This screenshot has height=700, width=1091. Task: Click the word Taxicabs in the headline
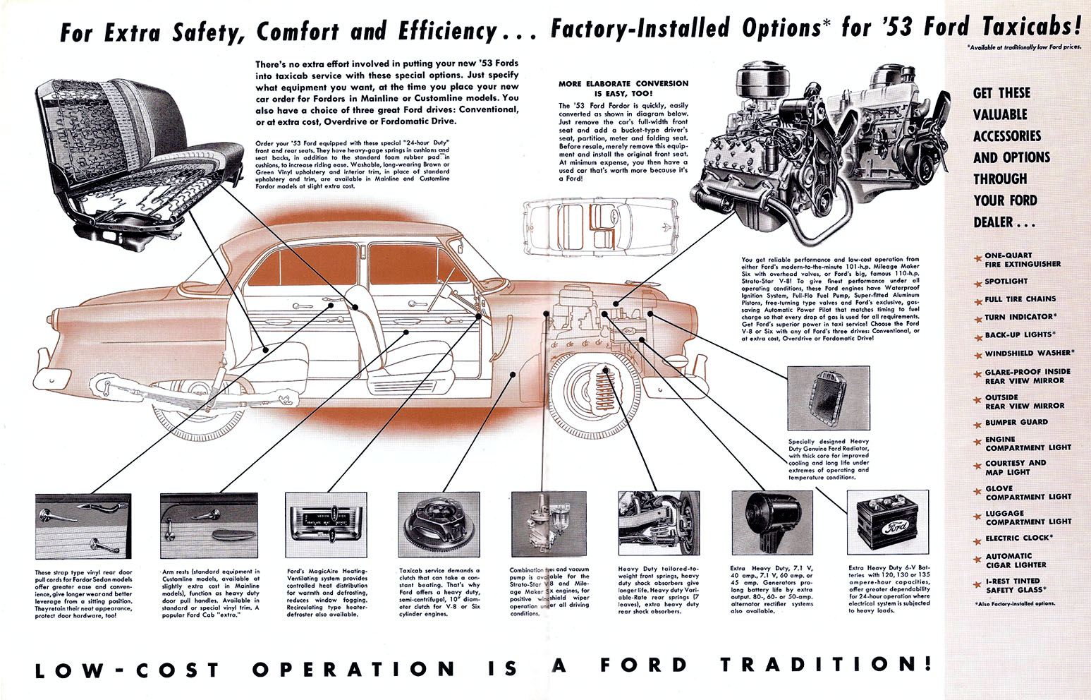coord(1031,27)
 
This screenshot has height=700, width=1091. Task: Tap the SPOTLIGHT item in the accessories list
coord(1006,282)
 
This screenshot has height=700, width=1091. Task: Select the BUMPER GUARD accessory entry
coord(1016,422)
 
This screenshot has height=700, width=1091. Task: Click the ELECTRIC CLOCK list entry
coord(1018,538)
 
